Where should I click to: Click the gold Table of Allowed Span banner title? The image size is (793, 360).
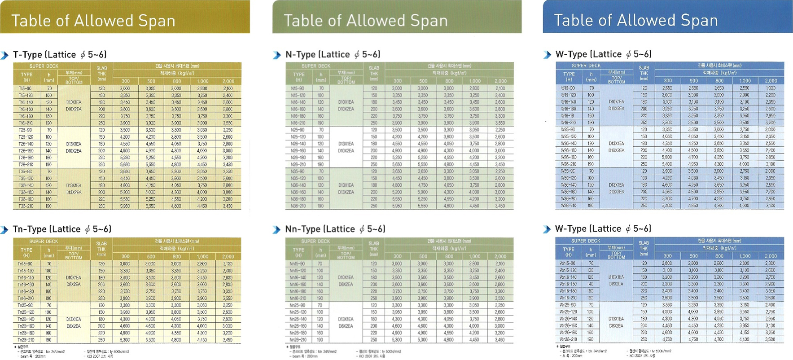coord(93,21)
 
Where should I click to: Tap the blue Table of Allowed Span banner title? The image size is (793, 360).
coord(635,20)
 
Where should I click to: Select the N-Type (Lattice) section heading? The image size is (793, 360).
coord(333,54)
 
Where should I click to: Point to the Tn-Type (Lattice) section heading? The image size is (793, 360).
coord(62,229)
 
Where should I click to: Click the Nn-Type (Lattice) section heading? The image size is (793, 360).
coord(335,229)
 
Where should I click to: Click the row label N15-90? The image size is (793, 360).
coord(298,88)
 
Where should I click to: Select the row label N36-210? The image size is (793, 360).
coord(298,206)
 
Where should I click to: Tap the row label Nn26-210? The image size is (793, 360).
coord(298,340)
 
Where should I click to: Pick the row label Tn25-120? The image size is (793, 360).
coord(26,312)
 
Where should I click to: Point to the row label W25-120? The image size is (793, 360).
coord(569,136)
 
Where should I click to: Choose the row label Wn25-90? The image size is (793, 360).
coord(568,305)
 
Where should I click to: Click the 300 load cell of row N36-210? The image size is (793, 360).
coord(397,206)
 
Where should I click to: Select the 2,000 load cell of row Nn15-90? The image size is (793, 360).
coord(500,264)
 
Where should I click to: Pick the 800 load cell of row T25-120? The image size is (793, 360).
coord(176,137)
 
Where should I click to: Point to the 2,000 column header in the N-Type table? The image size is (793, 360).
coord(500,81)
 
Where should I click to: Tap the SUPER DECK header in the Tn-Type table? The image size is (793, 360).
coord(44,241)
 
